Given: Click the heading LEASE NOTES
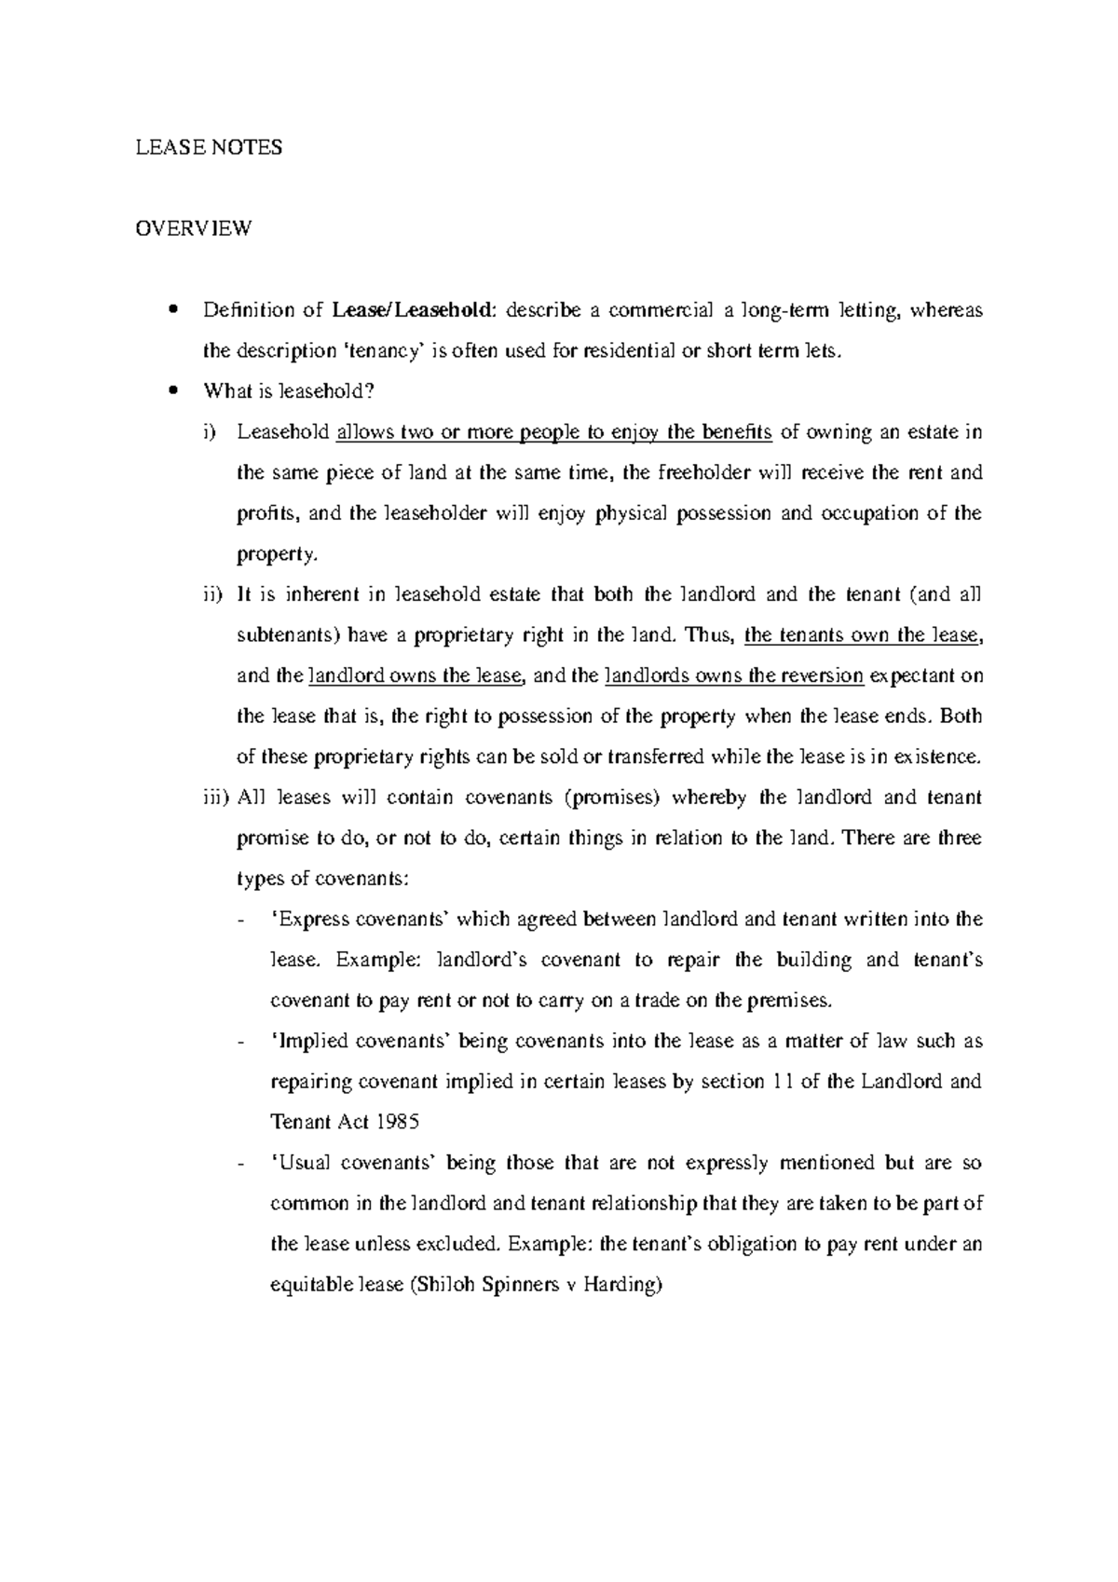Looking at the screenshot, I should [x=209, y=147].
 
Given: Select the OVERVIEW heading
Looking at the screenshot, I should [x=193, y=228].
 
